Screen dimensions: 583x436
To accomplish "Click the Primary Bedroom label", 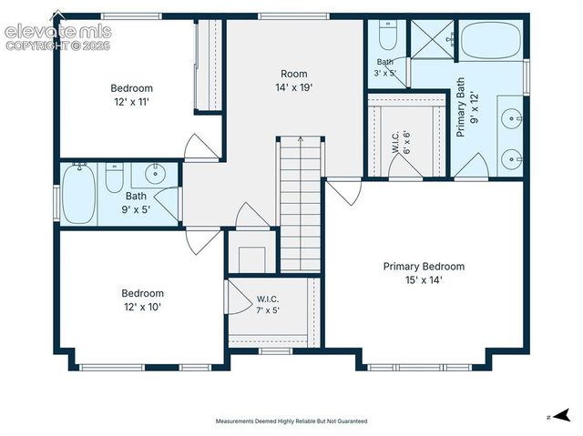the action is pos(424,267).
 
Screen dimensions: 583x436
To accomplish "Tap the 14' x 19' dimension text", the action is pos(293,87).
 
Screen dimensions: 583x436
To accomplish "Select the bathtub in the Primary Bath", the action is pos(490,39).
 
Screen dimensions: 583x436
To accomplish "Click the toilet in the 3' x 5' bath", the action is pos(388,35).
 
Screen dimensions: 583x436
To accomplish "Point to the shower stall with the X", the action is pos(432,39).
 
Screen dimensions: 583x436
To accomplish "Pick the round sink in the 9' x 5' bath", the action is pos(155,173).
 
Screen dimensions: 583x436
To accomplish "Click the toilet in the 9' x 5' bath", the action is pos(114,177).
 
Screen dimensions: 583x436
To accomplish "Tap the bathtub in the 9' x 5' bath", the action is pos(78,194).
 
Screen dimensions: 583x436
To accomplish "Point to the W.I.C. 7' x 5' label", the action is pos(268,305).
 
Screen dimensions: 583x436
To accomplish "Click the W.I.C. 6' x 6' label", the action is pos(401,142).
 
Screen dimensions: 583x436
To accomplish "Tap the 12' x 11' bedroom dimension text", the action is pos(131,102).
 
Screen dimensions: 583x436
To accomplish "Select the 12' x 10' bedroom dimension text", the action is pos(142,307).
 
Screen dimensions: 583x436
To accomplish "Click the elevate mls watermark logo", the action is pos(58,32).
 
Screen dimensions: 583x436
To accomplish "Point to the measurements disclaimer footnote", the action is pos(291,421).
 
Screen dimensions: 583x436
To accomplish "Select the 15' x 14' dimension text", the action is pos(424,280).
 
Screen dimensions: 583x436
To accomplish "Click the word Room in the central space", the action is pos(293,74).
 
